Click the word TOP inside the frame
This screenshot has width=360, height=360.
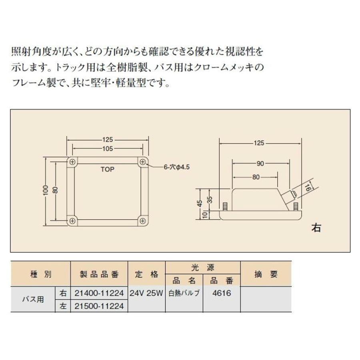[107, 169]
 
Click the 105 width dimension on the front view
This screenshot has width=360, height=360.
[107, 148]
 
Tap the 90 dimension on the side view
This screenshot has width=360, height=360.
[260, 163]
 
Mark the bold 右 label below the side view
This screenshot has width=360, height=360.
[316, 228]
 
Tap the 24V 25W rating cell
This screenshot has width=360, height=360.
[146, 293]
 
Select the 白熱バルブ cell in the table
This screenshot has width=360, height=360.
[184, 293]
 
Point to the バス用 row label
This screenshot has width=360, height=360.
[32, 299]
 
